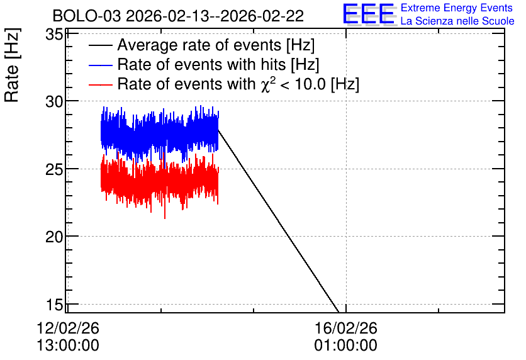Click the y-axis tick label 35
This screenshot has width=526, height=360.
54,34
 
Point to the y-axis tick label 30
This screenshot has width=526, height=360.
54,101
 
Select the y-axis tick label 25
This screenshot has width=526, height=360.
54,169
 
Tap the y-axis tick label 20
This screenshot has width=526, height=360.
54,237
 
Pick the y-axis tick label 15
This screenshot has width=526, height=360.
54,305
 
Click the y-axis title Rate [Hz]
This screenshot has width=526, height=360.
12,65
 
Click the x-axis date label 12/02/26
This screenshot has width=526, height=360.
68,328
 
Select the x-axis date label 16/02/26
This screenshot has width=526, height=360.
346,328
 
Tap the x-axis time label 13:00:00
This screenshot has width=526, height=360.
68,346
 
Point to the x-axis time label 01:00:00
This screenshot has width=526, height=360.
346,346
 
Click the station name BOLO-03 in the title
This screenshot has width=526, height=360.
87,16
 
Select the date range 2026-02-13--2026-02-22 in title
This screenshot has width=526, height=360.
215,16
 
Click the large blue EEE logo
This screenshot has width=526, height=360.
369,14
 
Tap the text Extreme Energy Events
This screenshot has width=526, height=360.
457,8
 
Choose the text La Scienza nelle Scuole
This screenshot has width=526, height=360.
457,21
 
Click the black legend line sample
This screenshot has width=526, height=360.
100,45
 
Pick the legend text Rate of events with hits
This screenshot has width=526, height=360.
201,64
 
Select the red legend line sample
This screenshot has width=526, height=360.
100,84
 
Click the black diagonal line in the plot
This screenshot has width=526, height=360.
278,220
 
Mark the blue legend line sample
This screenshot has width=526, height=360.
100,65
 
